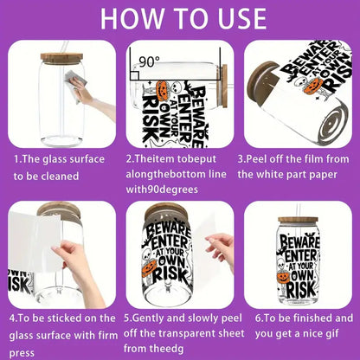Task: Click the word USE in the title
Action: click(x=238, y=19)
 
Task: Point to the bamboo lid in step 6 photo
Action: click(x=299, y=222)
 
